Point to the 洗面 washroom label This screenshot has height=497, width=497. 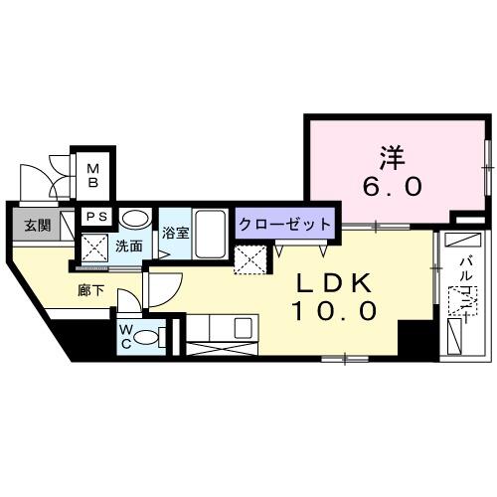point(127,245)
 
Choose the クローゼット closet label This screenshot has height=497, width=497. point(284,224)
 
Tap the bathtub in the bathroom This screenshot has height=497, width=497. point(210,233)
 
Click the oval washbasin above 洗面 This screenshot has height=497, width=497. point(135,219)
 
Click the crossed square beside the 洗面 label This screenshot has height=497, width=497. point(94,247)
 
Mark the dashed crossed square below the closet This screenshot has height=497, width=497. point(249,258)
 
